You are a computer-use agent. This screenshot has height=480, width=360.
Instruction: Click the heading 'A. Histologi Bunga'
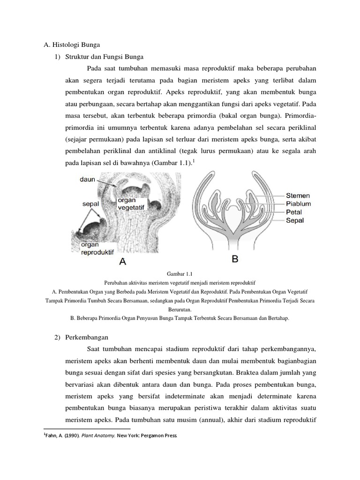pos(69,45)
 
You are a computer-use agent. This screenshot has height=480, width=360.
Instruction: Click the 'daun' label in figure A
pos(88,179)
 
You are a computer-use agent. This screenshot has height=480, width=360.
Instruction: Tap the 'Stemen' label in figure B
pos(298,196)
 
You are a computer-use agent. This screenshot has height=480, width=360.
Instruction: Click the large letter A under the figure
pos(122,262)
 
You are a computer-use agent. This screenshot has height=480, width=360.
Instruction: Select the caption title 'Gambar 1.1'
pos(180,275)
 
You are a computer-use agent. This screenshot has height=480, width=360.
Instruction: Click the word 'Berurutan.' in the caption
pos(180,309)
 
